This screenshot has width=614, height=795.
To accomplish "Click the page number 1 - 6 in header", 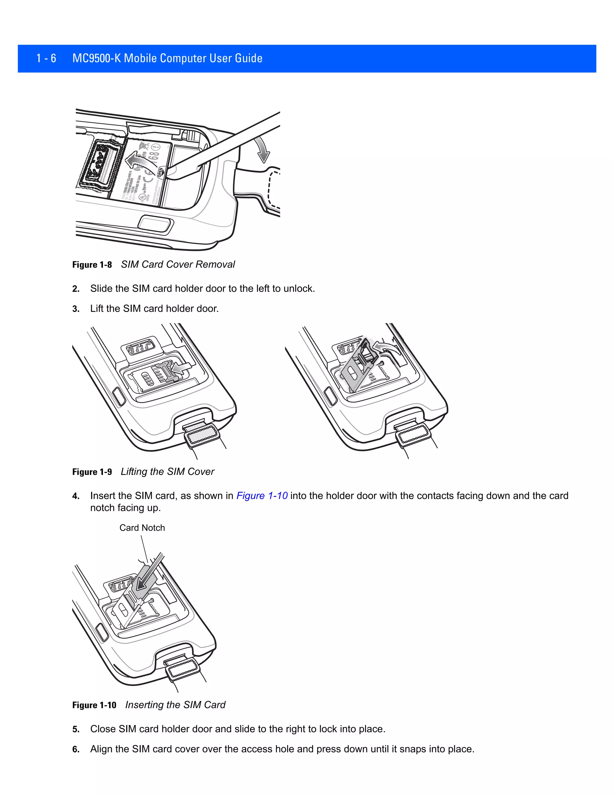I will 46,58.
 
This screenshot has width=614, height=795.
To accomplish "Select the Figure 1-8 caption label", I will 92,265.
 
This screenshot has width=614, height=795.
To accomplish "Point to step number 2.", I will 76,289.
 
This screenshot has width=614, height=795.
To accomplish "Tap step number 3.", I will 76,309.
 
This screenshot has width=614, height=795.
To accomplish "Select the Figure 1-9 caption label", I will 92,472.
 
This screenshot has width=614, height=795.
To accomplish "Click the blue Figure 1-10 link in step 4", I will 262,496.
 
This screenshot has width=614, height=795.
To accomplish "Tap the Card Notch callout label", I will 142,528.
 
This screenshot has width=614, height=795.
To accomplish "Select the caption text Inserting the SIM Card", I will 175,705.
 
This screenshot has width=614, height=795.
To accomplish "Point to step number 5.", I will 76,730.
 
